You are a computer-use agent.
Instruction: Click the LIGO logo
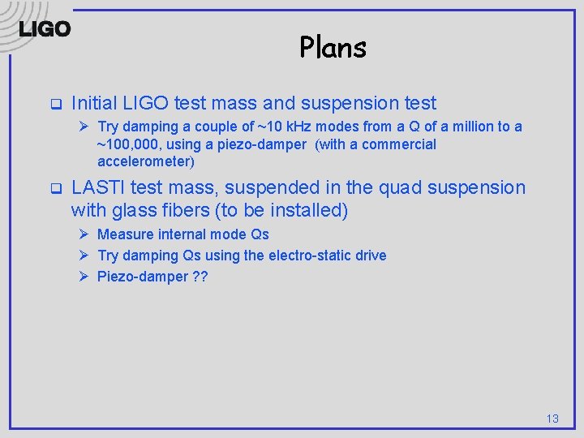pos(45,29)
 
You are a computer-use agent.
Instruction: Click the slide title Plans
pos(333,47)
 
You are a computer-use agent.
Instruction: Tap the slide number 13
pos(552,419)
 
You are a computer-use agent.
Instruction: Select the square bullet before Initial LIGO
pos(56,105)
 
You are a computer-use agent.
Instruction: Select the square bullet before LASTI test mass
pos(56,189)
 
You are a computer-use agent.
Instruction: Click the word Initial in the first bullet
pos(96,103)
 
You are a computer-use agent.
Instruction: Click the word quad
pos(403,187)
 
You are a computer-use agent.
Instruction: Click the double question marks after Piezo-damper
pos(199,277)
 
